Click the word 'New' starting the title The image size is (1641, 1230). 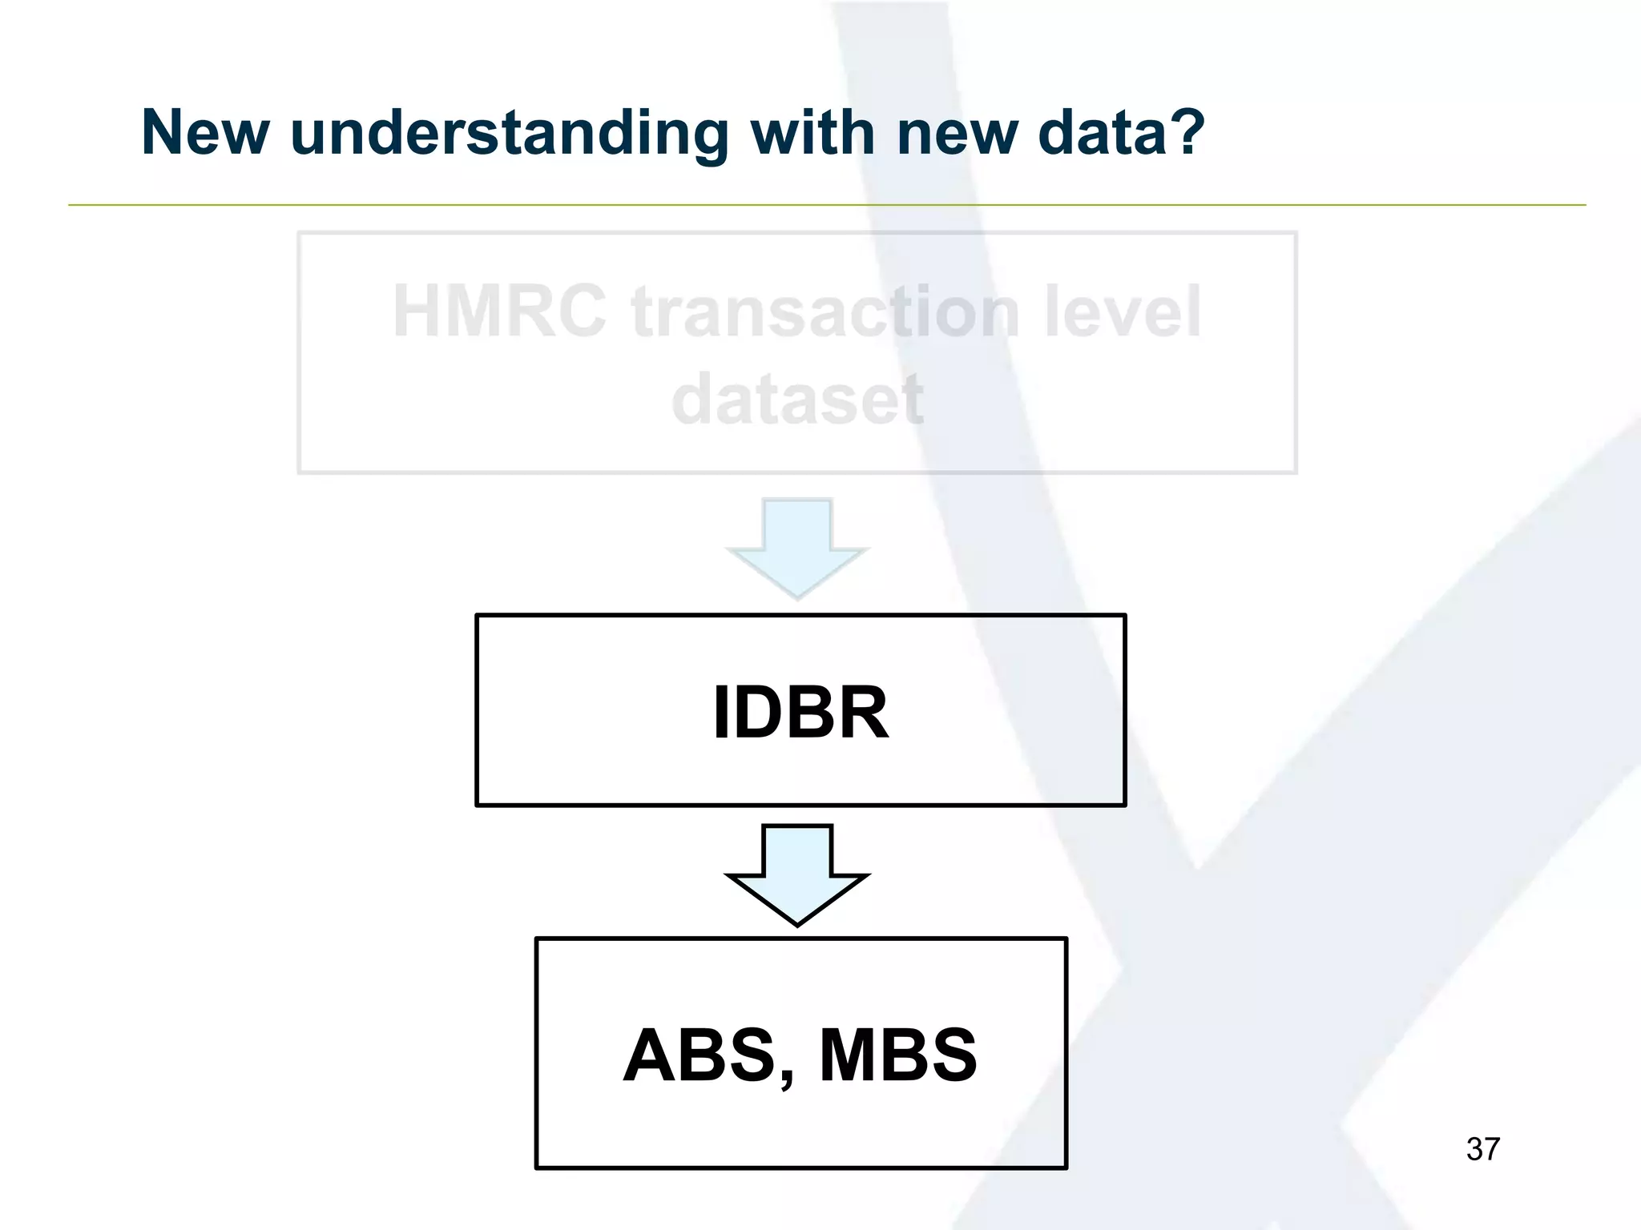click(205, 132)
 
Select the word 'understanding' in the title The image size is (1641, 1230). click(510, 134)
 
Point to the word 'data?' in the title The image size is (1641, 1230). click(1121, 132)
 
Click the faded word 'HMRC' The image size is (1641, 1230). click(499, 312)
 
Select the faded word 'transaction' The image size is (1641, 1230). click(825, 312)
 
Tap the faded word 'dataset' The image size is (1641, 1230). click(798, 398)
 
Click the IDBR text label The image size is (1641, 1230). click(800, 712)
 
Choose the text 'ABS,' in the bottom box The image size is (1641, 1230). click(709, 1055)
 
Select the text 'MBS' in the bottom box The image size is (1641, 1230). click(897, 1055)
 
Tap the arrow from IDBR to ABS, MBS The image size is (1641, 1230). click(797, 874)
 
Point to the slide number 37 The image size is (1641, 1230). click(1482, 1149)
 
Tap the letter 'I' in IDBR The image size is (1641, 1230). click(720, 712)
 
